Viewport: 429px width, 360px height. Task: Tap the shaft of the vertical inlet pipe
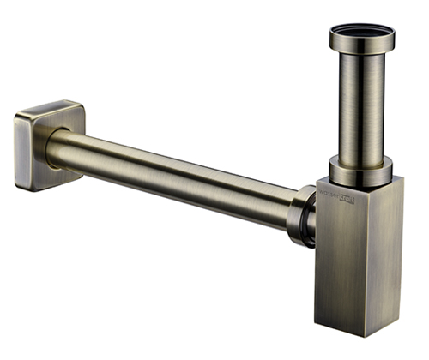click(x=361, y=111)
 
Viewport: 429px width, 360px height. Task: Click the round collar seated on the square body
click(x=361, y=173)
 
